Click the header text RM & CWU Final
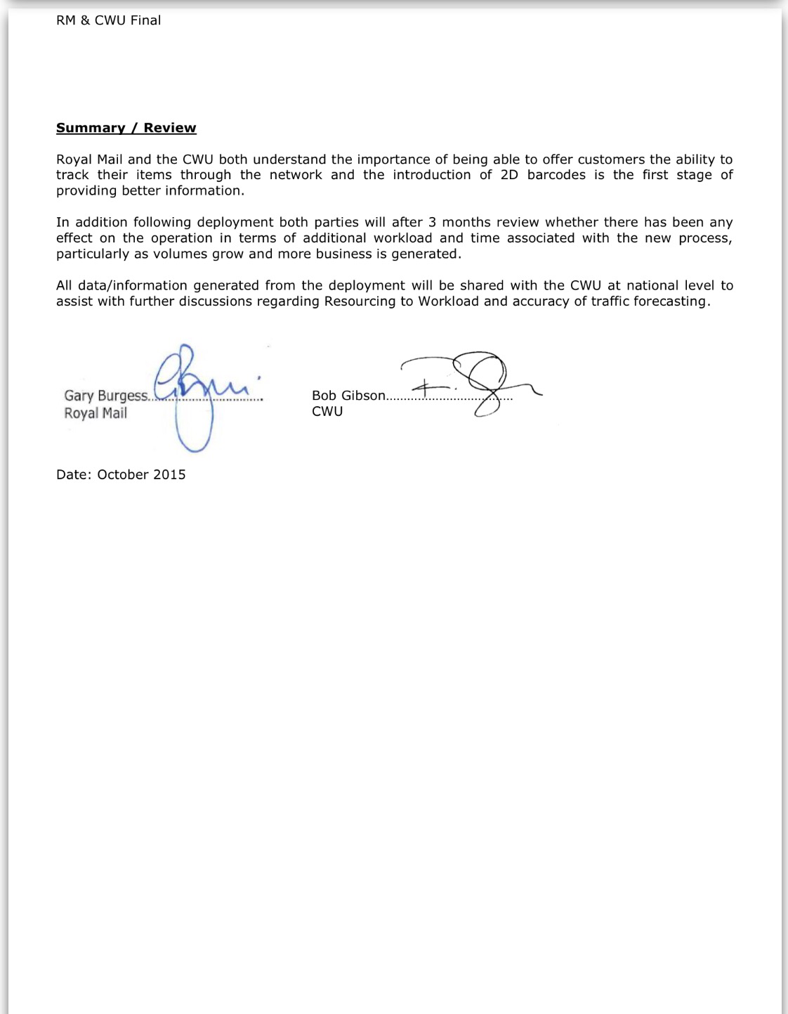(108, 20)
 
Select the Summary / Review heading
(126, 128)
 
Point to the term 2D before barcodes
(509, 175)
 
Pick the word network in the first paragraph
(296, 175)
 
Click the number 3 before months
(433, 222)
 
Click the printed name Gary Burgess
(106, 396)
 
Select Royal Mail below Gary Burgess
(96, 413)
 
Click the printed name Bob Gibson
(348, 396)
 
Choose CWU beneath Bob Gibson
(327, 412)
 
